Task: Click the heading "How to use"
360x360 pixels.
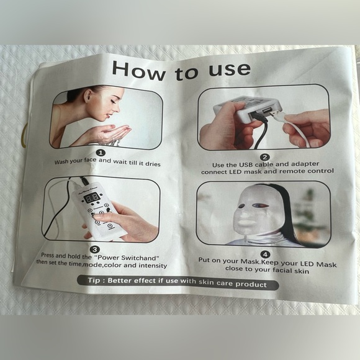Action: (x=181, y=70)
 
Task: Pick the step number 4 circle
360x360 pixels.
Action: (x=265, y=254)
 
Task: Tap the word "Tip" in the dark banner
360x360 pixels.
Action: (x=93, y=282)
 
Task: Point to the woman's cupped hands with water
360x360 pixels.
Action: (x=114, y=132)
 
